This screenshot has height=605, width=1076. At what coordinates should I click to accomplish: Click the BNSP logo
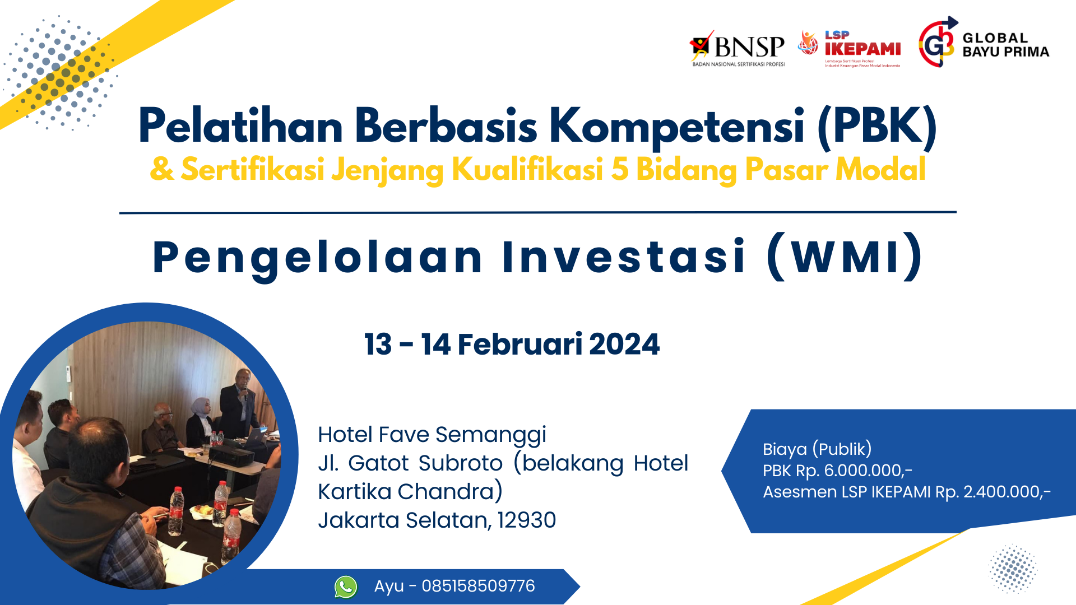(x=737, y=49)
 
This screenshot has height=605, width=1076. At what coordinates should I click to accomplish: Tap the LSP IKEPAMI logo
(x=849, y=49)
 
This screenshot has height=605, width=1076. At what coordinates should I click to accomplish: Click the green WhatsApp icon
(x=346, y=587)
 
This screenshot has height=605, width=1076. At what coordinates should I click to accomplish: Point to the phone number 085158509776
(x=478, y=586)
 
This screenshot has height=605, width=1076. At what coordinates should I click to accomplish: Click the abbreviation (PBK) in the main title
(x=877, y=127)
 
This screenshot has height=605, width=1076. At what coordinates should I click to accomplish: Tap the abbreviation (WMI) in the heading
(x=845, y=257)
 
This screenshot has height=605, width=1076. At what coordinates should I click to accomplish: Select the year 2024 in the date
(x=624, y=344)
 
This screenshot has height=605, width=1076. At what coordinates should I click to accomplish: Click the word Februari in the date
(x=520, y=344)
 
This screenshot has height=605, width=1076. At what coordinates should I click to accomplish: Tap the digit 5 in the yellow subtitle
(x=619, y=169)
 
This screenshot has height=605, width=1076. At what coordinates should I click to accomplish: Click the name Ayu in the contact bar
(x=389, y=587)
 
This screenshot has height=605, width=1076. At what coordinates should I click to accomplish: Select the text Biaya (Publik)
(x=817, y=449)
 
